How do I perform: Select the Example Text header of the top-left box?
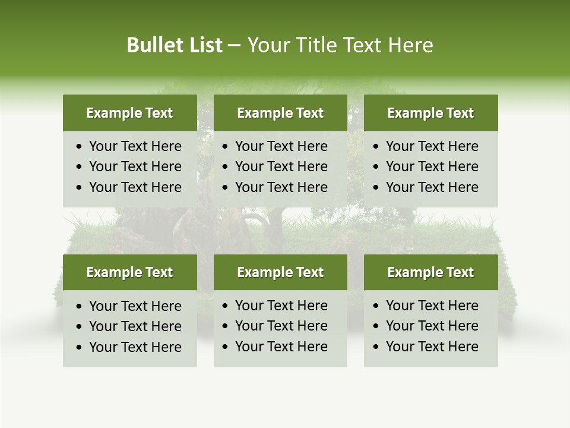click(x=129, y=113)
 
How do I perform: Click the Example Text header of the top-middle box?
click(x=280, y=113)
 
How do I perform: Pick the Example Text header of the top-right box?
click(x=430, y=113)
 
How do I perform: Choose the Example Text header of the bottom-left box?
click(x=129, y=272)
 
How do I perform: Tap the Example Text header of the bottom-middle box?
click(x=280, y=272)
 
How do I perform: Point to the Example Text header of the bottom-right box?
click(x=430, y=272)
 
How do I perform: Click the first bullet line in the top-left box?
click(x=135, y=146)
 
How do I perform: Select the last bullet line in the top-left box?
click(x=135, y=187)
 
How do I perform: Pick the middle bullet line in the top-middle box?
click(x=281, y=166)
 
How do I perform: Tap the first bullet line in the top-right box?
click(x=432, y=146)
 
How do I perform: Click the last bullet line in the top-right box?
click(x=432, y=187)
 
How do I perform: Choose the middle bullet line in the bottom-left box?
click(x=135, y=326)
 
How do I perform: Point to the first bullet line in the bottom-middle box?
click(x=281, y=306)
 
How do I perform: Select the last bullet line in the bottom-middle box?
click(x=281, y=347)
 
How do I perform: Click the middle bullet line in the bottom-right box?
click(x=432, y=326)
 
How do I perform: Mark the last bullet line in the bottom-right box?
click(x=432, y=347)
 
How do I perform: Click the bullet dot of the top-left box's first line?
click(x=80, y=147)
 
